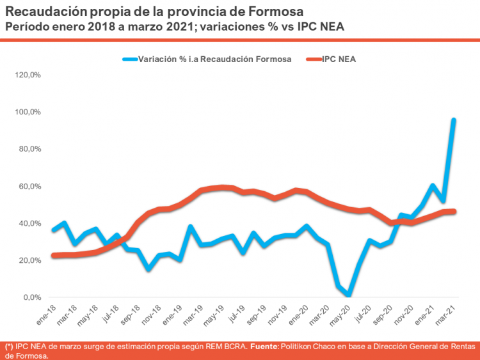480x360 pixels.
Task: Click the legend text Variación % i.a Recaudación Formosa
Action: point(215,59)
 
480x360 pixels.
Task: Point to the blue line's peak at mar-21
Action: point(454,120)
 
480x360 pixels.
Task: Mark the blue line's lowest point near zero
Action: point(348,295)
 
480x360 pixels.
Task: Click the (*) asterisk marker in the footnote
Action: point(9,346)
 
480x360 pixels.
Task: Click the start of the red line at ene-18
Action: point(53,255)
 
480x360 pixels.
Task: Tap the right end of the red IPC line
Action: point(454,211)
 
